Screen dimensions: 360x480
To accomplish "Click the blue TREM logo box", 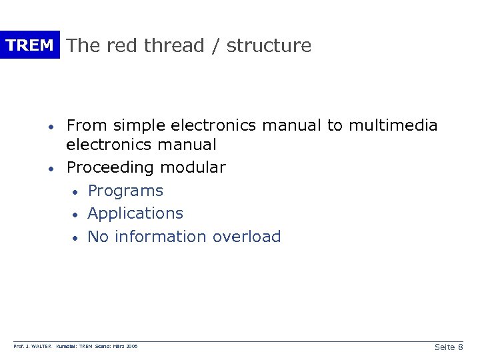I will coord(29,45).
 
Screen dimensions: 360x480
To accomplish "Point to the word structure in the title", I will coord(269,45).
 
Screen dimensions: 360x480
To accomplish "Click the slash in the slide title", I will coord(215,45).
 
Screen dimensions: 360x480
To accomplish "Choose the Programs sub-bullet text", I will coord(125,191).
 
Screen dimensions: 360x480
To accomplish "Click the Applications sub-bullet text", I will coord(135,213).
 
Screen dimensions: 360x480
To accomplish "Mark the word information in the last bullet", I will coord(161,237).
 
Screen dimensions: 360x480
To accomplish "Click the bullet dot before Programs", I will coord(76,192).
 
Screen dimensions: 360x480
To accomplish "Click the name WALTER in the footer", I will coord(40,347).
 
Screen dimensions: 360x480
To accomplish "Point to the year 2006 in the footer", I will coord(132,347).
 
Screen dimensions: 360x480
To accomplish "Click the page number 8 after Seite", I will coord(461,347).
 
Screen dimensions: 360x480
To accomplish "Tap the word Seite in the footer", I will coord(444,347).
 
